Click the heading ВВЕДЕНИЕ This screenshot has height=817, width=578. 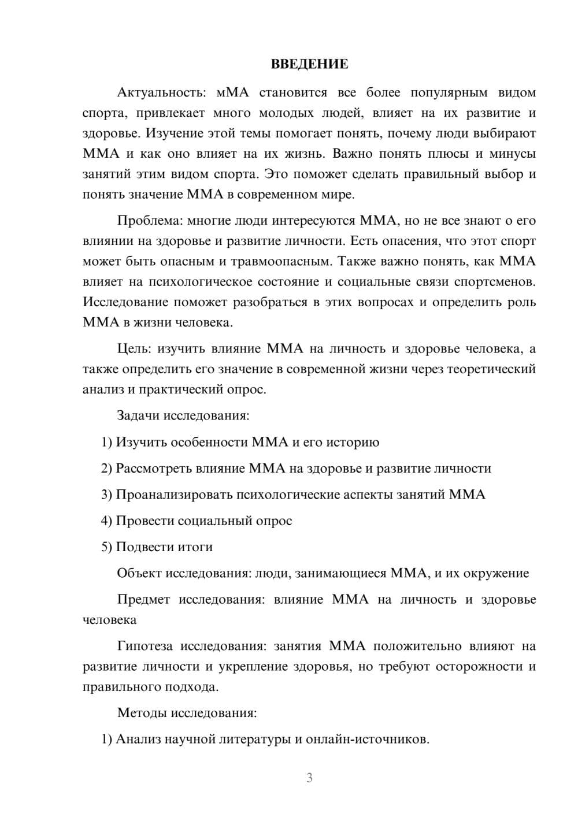pos(309,64)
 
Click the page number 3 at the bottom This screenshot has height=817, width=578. pos(309,778)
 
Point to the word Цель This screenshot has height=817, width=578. pos(134,348)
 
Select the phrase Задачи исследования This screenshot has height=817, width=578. pos(182,415)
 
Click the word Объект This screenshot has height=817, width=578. pos(139,573)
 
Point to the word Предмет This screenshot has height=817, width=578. pos(143,599)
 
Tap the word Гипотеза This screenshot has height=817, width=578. pos(145,646)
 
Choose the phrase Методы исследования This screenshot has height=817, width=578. pos(186,712)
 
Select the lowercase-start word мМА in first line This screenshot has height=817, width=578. pos(232,92)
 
